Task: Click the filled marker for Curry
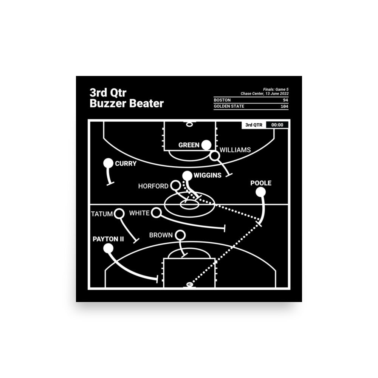pyautogui.click(x=108, y=163)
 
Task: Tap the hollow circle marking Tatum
pyautogui.click(x=119, y=214)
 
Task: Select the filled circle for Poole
pyautogui.click(x=260, y=192)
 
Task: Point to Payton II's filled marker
pyautogui.click(x=108, y=248)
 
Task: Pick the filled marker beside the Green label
pyautogui.click(x=206, y=145)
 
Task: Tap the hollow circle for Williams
pyautogui.click(x=215, y=156)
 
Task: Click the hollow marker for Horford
pyautogui.click(x=175, y=186)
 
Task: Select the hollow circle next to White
pyautogui.click(x=156, y=213)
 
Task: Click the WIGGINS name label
pyautogui.click(x=208, y=175)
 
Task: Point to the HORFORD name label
pyautogui.click(x=153, y=186)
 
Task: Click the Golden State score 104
pyautogui.click(x=283, y=106)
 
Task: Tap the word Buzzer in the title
pyautogui.click(x=108, y=104)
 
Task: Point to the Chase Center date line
pyautogui.click(x=264, y=93)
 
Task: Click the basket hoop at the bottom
pyautogui.click(x=188, y=285)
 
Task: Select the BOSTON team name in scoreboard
pyautogui.click(x=222, y=100)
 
